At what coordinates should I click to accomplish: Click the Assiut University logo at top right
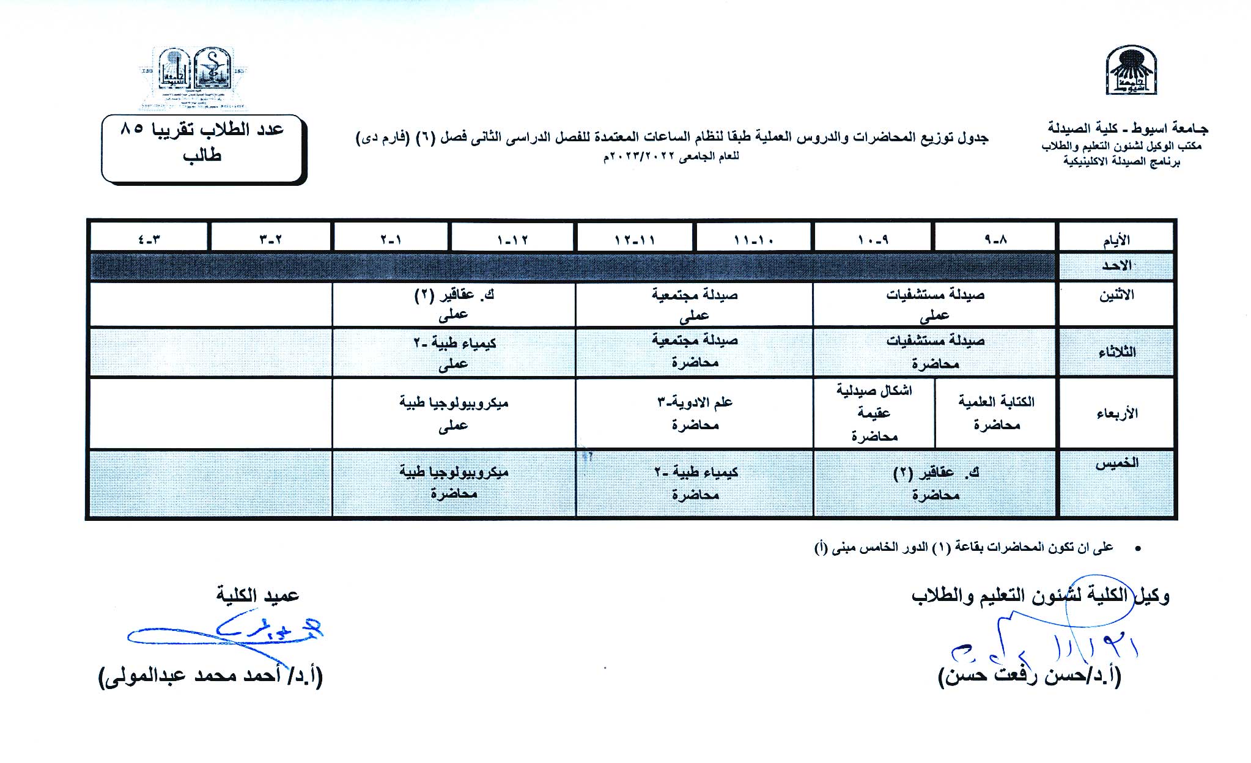(1131, 71)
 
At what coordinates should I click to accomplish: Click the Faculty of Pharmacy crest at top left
(194, 78)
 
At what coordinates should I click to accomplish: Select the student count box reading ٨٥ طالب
(202, 148)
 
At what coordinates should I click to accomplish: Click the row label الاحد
(1116, 265)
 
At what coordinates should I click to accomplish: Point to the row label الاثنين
(1116, 296)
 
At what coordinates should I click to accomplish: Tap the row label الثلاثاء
(1116, 352)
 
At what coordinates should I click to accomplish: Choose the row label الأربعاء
(1116, 413)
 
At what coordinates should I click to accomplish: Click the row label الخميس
(1116, 463)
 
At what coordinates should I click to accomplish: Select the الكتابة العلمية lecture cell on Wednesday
(996, 413)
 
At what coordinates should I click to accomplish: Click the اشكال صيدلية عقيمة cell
(874, 413)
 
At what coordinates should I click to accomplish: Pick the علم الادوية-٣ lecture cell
(695, 413)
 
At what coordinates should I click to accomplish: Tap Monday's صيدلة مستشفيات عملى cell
(935, 304)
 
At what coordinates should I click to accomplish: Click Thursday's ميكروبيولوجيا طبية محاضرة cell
(454, 482)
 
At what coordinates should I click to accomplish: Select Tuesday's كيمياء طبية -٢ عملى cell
(454, 353)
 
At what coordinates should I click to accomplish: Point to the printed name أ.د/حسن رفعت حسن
(1030, 676)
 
